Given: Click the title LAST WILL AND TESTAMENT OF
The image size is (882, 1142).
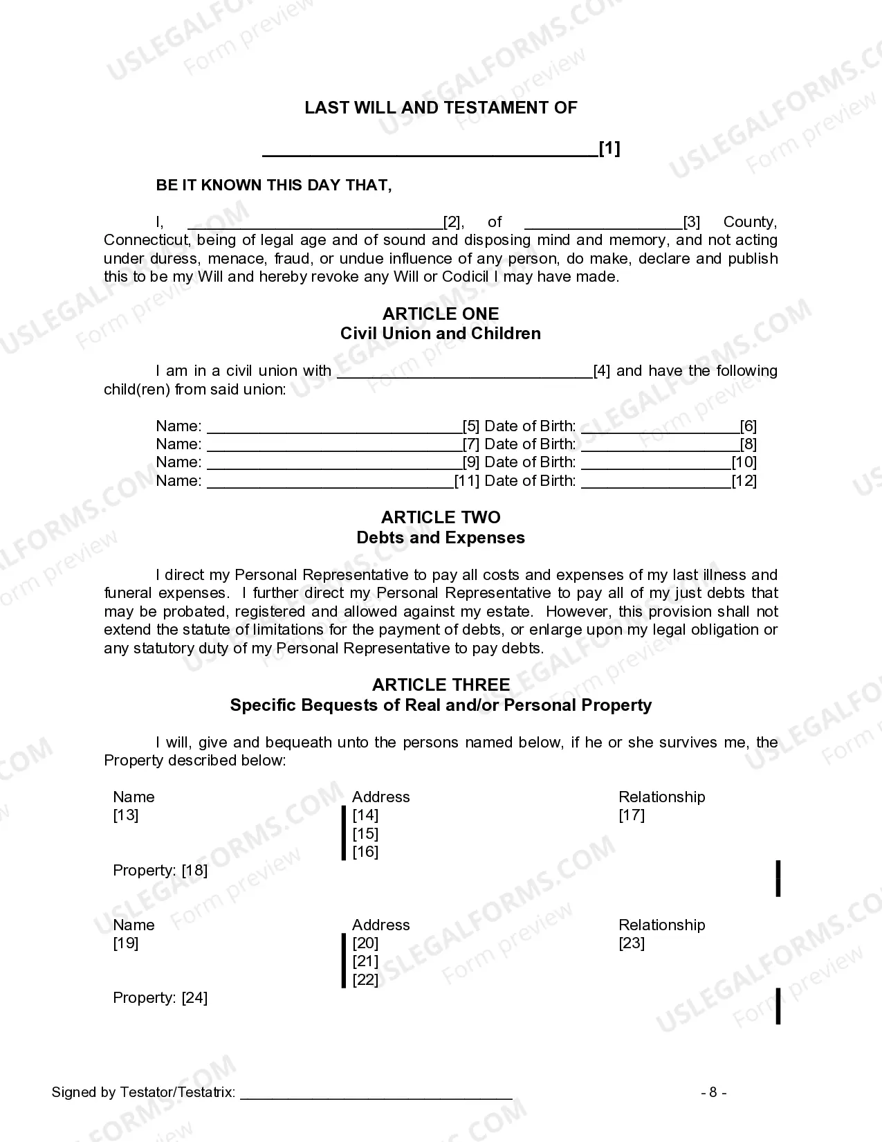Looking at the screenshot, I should (441, 108).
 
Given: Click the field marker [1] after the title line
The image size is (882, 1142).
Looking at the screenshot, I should (609, 148).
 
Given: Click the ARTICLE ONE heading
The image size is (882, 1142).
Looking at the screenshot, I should (441, 314).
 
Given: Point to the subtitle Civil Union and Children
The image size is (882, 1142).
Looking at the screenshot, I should (441, 334).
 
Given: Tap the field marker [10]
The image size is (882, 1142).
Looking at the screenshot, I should (744, 462).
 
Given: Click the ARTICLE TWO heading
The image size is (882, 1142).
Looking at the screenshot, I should (441, 518).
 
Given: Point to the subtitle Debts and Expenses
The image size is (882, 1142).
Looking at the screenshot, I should (441, 538).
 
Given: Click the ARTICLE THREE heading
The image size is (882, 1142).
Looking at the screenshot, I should (441, 685).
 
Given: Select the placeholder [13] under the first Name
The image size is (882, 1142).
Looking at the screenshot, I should (126, 815).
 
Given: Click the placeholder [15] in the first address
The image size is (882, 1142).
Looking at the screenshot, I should (365, 834).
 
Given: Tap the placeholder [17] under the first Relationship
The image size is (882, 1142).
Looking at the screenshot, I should (632, 815).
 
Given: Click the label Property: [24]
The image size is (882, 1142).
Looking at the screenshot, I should (160, 998).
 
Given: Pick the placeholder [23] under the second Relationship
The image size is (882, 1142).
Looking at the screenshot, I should (632, 943).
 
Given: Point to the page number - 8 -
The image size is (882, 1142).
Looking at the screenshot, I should (713, 1093).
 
